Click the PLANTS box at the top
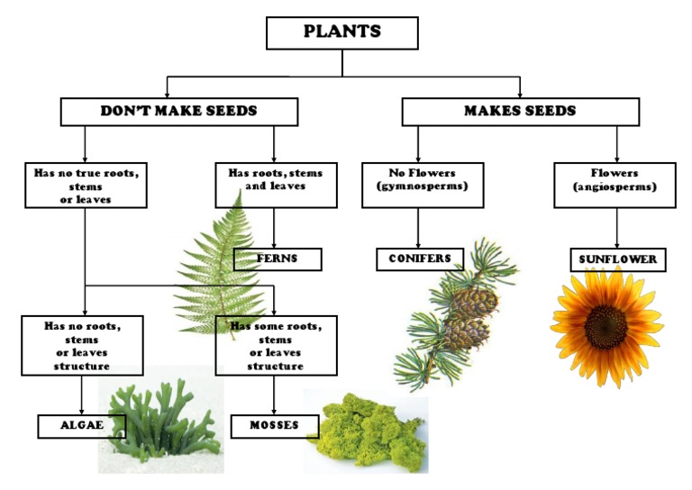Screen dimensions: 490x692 (342, 32)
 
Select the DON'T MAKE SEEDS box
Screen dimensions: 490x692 (178, 112)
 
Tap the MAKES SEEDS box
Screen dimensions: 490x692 (520, 112)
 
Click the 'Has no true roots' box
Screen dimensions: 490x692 (86, 186)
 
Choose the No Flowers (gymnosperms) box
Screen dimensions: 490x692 (423, 185)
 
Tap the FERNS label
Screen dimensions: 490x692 (278, 259)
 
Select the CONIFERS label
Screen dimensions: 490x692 (420, 259)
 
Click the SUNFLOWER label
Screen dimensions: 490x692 (618, 260)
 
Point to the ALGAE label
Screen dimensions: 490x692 (82, 426)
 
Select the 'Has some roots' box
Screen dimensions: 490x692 (276, 344)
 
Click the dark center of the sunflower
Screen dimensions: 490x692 (605, 325)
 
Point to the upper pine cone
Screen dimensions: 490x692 (472, 301)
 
